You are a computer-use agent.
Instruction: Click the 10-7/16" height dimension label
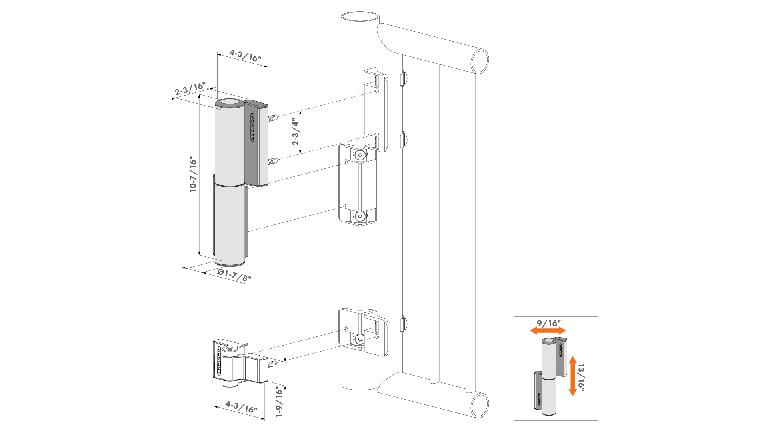point(193,174)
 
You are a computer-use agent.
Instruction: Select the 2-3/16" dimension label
point(190,89)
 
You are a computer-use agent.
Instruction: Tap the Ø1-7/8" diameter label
point(234,275)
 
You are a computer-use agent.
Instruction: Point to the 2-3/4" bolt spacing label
point(296,132)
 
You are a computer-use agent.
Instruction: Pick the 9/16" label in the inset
point(549,323)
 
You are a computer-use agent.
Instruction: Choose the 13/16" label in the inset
point(581,377)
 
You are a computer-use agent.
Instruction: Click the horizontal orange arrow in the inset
point(548,330)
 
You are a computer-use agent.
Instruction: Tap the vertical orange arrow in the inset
point(572,376)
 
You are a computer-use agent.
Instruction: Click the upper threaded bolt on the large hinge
point(272,118)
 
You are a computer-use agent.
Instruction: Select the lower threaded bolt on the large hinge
point(272,161)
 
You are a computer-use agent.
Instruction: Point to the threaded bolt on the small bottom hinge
point(272,364)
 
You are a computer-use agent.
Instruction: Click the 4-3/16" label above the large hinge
point(245,56)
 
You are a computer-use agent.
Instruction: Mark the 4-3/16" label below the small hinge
point(241,407)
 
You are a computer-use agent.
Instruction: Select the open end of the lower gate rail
point(480,405)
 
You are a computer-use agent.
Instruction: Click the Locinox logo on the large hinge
point(253,127)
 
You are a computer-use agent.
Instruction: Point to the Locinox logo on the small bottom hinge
point(219,361)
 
